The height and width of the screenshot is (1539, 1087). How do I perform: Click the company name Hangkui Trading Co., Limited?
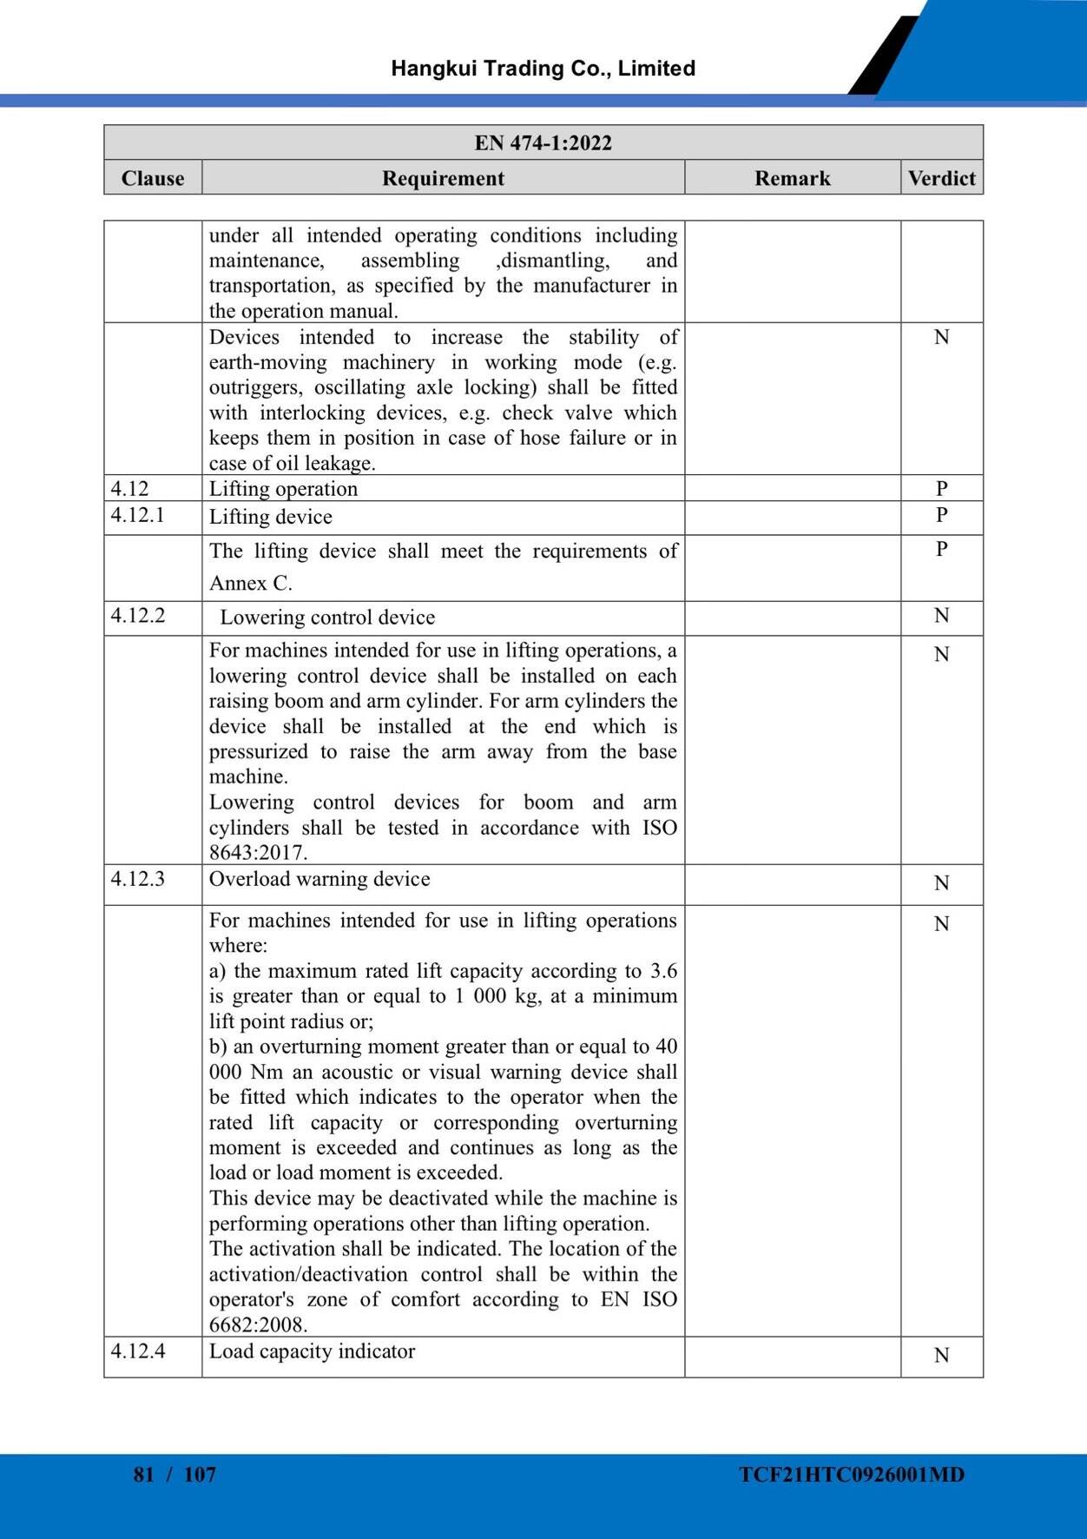point(543,69)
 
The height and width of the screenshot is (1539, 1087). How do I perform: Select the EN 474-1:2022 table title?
point(543,142)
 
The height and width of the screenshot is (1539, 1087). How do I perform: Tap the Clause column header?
point(153,178)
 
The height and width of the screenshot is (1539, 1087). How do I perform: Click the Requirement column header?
point(443,178)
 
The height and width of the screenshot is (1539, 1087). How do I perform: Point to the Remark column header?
point(792,178)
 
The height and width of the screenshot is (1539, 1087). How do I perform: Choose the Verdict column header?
point(941,178)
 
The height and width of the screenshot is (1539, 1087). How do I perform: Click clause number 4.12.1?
point(137,515)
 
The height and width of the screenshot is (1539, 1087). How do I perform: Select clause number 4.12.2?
point(137,616)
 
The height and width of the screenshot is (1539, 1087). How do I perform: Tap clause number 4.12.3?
point(137,878)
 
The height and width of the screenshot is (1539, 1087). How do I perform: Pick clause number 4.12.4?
point(137,1351)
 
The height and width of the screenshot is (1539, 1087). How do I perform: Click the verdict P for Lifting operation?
point(941,488)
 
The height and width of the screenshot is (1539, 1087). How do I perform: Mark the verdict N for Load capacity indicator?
point(941,1355)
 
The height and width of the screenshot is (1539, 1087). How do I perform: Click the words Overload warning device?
point(320,879)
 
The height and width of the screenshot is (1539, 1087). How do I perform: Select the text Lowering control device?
point(327,618)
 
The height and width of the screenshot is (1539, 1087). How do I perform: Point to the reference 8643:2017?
point(259,852)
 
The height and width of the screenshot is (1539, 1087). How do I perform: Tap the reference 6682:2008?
point(259,1324)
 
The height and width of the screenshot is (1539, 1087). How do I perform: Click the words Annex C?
point(251,583)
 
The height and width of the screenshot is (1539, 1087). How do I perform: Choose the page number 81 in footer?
point(144,1474)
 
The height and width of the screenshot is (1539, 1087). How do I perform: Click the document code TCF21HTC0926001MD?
point(852,1474)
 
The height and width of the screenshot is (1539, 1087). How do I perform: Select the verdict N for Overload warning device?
point(941,883)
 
